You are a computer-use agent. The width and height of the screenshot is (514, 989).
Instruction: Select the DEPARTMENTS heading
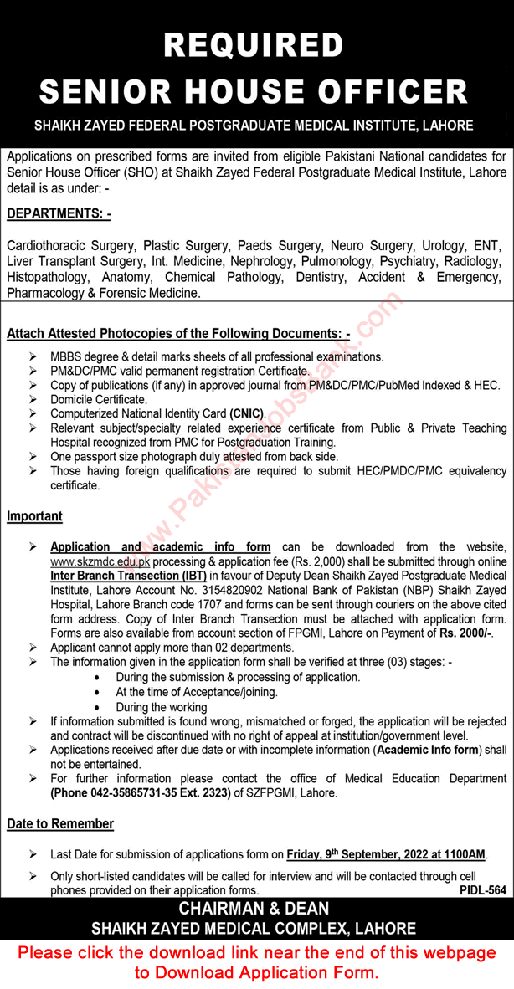[59, 214]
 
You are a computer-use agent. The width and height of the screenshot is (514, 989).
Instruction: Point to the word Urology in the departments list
[444, 246]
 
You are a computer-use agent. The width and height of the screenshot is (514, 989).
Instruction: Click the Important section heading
[34, 516]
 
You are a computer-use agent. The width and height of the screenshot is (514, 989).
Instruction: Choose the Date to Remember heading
[60, 824]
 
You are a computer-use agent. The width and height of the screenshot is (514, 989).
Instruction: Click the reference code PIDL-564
[483, 892]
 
